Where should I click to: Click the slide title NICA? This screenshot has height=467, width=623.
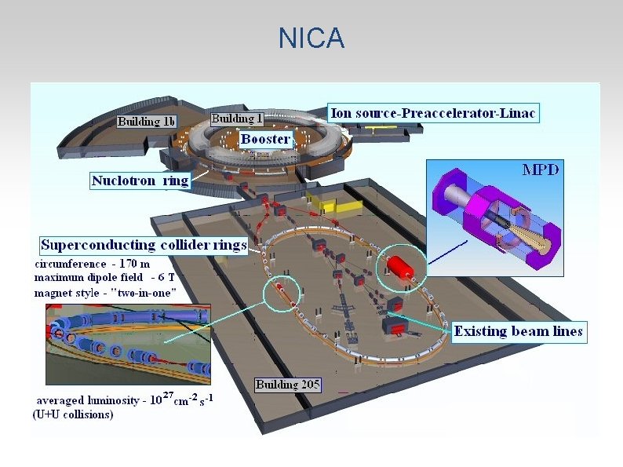[x=311, y=38]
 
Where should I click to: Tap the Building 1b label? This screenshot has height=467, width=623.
[x=147, y=122]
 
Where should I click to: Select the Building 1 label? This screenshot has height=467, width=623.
[x=237, y=119]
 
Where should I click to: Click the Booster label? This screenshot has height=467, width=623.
[x=265, y=139]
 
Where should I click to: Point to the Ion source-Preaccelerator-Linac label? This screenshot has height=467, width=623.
[x=433, y=113]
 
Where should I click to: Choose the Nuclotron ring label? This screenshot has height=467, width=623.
[x=140, y=181]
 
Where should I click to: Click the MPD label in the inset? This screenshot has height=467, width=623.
[x=541, y=170]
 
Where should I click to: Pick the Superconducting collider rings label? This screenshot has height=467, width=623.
[x=144, y=245]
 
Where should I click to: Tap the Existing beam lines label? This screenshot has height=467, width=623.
[x=518, y=331]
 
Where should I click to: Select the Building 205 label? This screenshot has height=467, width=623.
[x=288, y=385]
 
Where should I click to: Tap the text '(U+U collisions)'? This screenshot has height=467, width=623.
[x=73, y=414]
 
